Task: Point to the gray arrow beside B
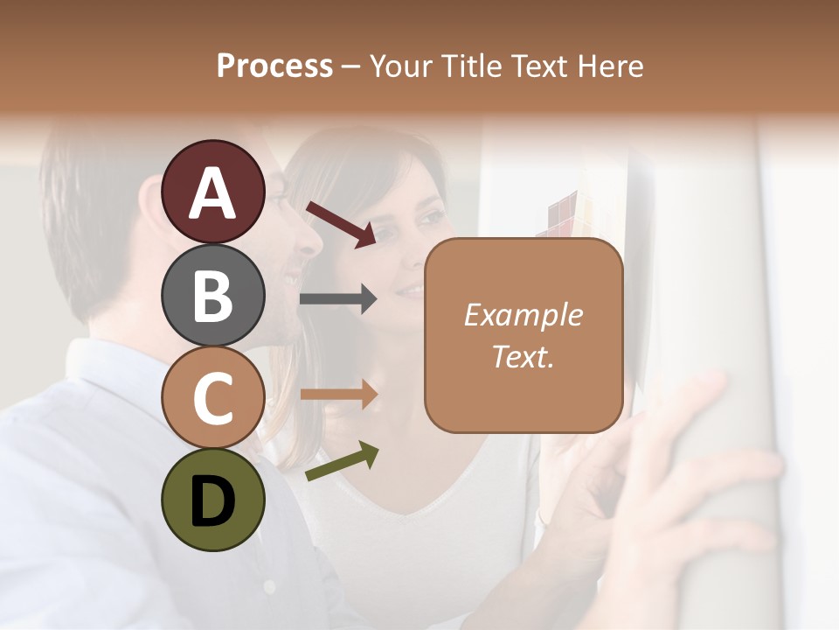click(x=338, y=299)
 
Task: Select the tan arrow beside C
click(x=338, y=395)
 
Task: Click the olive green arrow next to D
click(x=342, y=462)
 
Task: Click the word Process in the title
click(x=274, y=66)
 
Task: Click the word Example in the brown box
click(x=523, y=315)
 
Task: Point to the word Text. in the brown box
click(x=523, y=356)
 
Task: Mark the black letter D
click(x=213, y=500)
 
